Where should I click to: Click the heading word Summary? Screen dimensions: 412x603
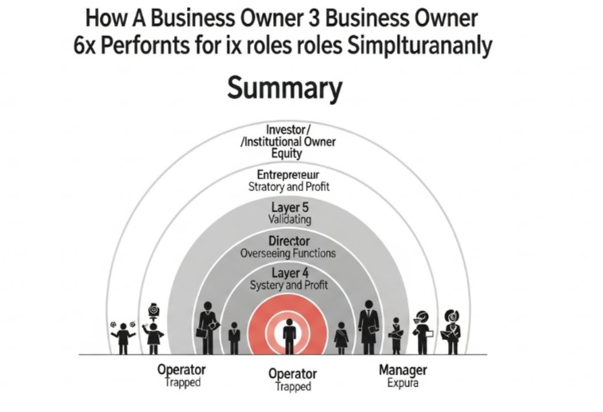click(284, 88)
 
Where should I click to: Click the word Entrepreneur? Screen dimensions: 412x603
click(288, 174)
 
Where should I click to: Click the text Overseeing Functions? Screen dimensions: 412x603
click(288, 253)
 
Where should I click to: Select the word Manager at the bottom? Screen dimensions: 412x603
click(402, 370)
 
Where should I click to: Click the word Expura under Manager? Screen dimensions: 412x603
click(403, 383)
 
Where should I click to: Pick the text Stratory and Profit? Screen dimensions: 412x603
click(288, 186)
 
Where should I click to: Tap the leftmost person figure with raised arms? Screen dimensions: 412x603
click(123, 336)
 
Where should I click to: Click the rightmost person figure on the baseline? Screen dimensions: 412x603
click(451, 329)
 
